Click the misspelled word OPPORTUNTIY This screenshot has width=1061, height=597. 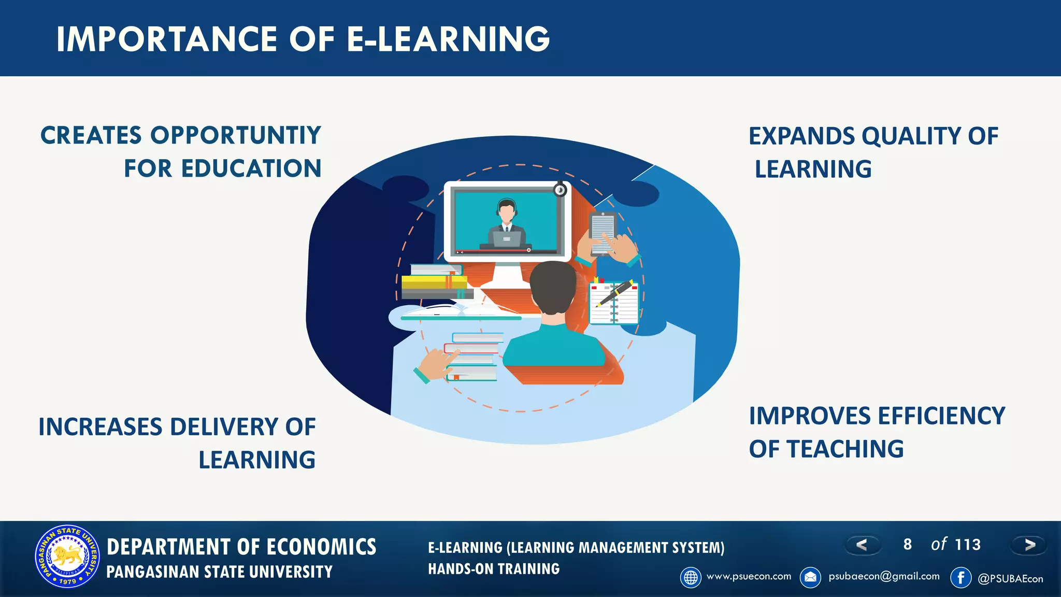pyautogui.click(x=236, y=136)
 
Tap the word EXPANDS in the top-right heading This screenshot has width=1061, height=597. pyautogui.click(x=801, y=137)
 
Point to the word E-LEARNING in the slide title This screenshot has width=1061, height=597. pyautogui.click(x=448, y=39)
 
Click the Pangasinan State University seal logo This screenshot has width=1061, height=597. pyautogui.click(x=67, y=557)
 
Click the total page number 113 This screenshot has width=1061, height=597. pyautogui.click(x=968, y=545)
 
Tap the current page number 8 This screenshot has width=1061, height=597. pyautogui.click(x=907, y=545)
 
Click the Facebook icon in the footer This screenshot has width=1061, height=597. pyautogui.click(x=960, y=577)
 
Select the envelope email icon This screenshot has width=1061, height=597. pyautogui.click(x=810, y=577)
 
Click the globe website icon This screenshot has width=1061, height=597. pyautogui.click(x=691, y=577)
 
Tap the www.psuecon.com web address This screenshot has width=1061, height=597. pyautogui.click(x=749, y=576)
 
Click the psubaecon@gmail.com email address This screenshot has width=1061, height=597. pyautogui.click(x=884, y=576)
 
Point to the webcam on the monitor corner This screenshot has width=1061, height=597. pyautogui.click(x=560, y=190)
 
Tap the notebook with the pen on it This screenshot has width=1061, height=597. pyautogui.click(x=614, y=303)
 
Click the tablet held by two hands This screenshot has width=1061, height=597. pyautogui.click(x=602, y=233)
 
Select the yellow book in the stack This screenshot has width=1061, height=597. pyautogui.click(x=434, y=282)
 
